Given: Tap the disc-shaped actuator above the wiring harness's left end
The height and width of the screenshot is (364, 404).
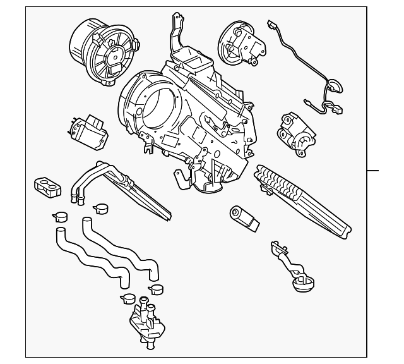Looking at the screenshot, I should tap(237, 40).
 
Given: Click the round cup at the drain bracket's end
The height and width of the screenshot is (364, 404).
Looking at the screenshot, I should tap(303, 281).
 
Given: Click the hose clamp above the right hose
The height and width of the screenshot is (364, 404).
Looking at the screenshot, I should tap(100, 208).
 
